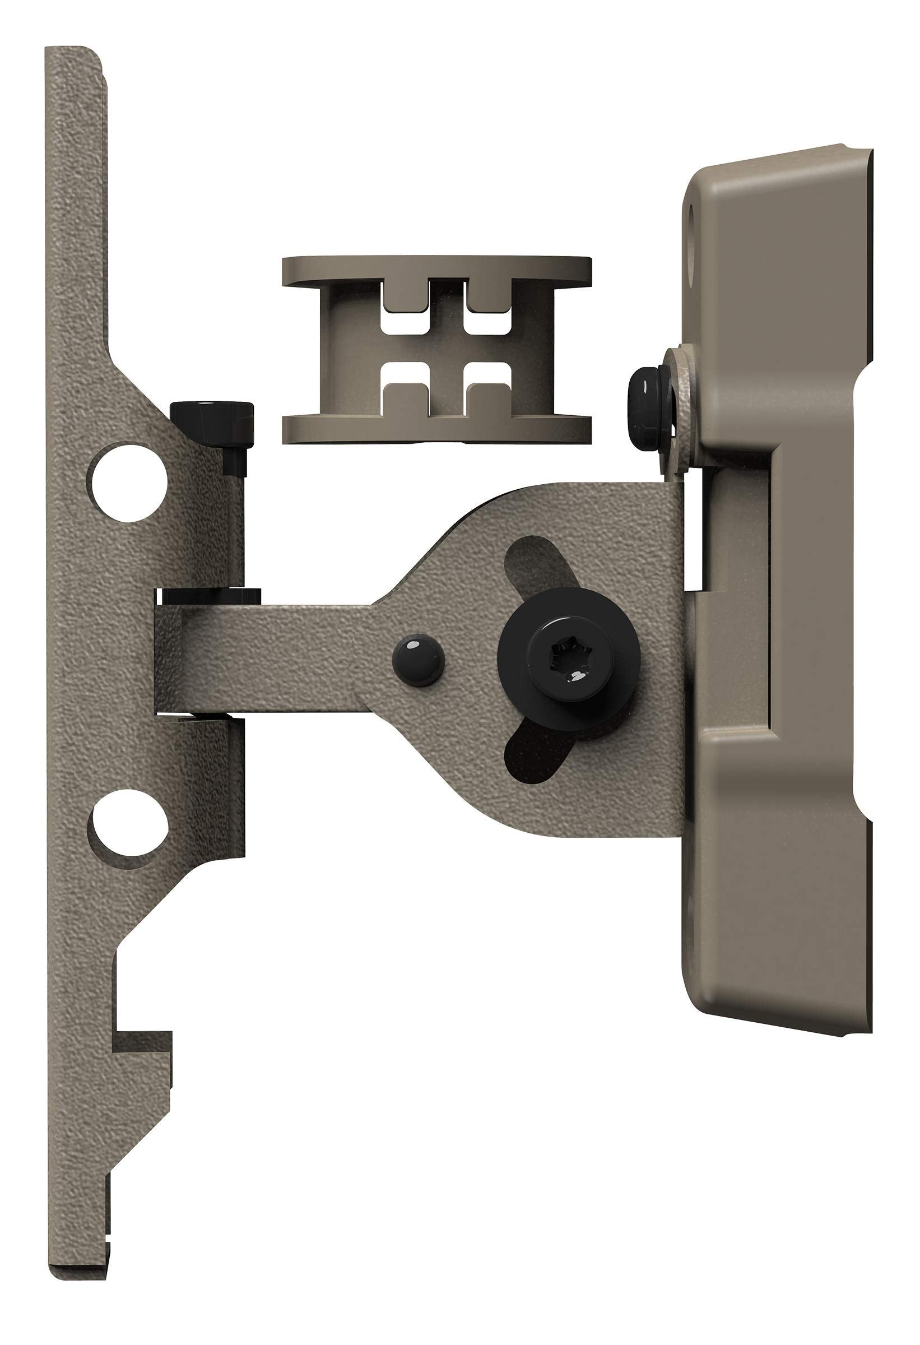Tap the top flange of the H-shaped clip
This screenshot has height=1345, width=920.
[437, 271]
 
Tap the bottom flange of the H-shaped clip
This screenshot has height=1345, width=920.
[437, 428]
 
